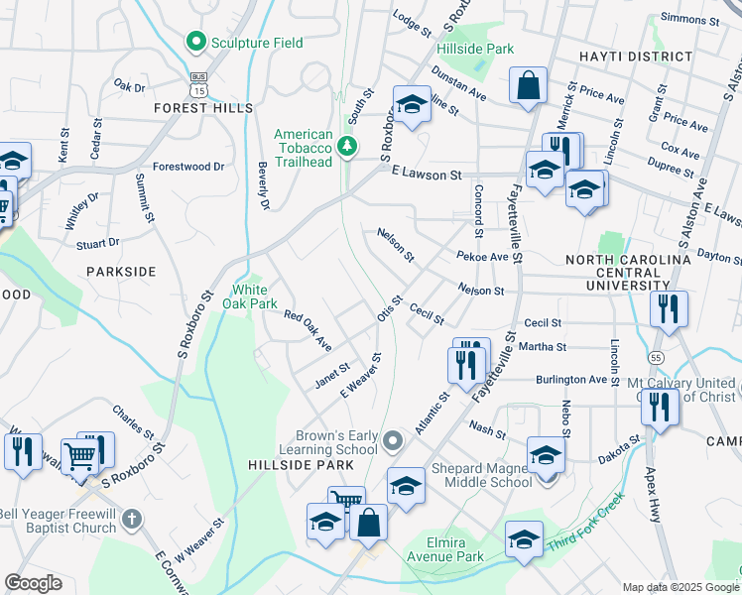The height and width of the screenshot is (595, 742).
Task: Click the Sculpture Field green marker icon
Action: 195,43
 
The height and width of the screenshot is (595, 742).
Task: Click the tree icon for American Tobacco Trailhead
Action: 346,147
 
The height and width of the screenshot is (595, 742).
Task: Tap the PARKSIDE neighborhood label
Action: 121,271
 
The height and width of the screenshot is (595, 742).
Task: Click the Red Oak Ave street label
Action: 308,330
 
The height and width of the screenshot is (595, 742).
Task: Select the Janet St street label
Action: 332,375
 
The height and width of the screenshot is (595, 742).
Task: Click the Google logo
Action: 34,583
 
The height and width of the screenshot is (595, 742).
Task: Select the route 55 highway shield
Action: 628,355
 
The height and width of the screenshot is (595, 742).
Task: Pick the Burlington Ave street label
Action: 571,379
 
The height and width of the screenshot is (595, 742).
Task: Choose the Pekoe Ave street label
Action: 482,257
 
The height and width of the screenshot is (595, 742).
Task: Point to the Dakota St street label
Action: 619,452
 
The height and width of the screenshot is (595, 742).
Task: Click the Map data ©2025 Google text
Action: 680,586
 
